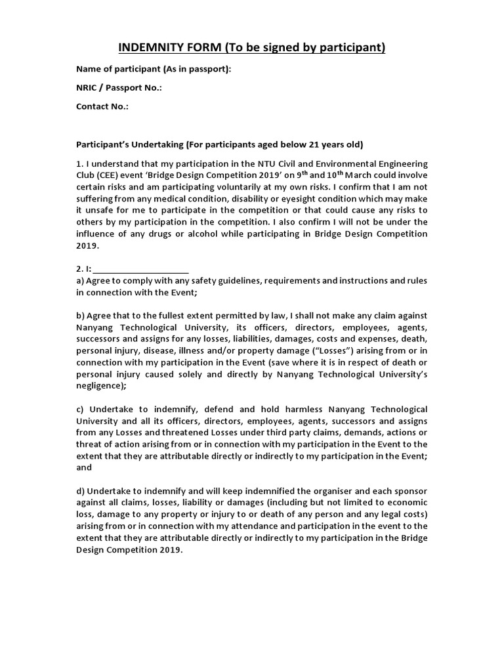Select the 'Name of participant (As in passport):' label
(154, 69)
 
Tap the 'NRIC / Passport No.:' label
(119, 87)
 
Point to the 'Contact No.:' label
(102, 106)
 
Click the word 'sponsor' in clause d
(410, 492)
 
